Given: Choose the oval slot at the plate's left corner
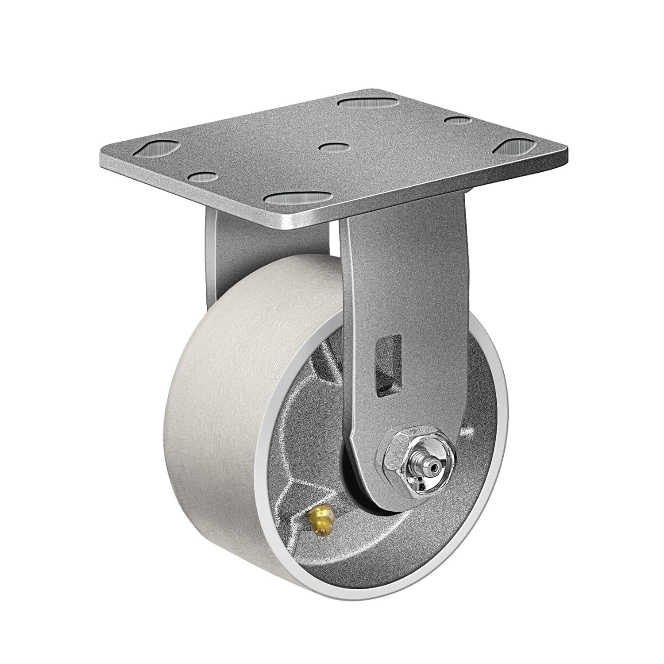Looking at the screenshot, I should tap(158, 149).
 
